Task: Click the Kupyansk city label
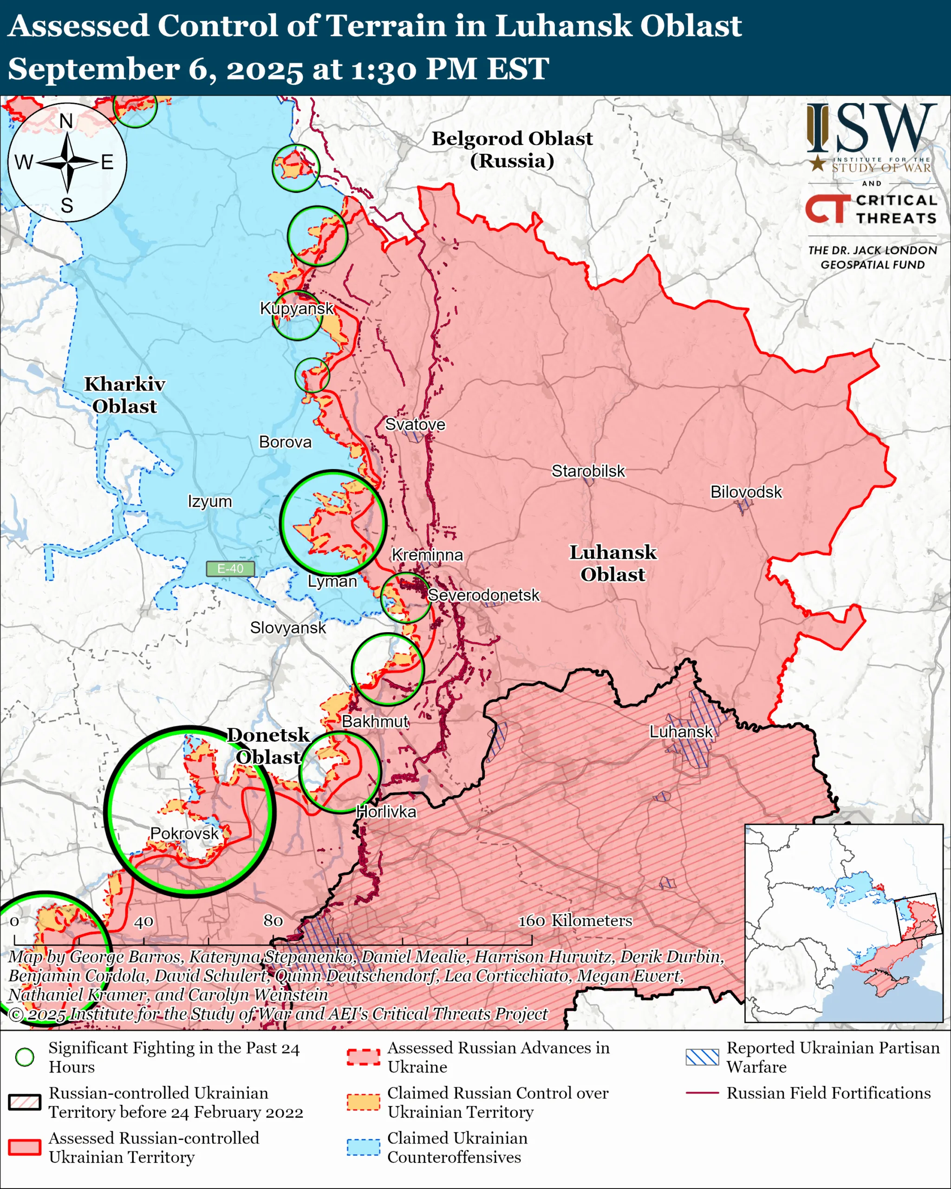(297, 308)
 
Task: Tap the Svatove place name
(415, 424)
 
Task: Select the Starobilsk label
(588, 471)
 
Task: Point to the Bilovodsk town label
(745, 492)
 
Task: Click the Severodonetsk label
(483, 595)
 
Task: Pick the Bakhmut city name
(375, 721)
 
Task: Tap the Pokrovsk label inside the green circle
(184, 833)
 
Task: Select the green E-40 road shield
(230, 568)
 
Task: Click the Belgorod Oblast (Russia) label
(512, 150)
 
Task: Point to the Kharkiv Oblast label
(124, 395)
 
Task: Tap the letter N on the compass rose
(66, 121)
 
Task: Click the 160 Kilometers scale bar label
(575, 921)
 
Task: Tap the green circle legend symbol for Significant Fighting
(25, 1057)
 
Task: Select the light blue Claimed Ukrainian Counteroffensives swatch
(363, 1147)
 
